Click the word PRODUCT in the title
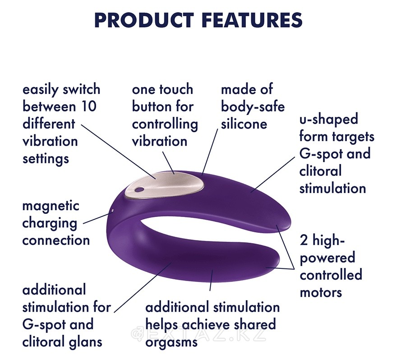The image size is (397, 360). [144, 20]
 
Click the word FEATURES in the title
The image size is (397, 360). [253, 20]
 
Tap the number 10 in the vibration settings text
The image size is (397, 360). [88, 106]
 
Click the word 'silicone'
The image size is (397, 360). [244, 124]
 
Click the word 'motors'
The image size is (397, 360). [321, 293]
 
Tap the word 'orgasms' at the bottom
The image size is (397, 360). [171, 343]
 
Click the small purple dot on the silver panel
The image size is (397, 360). [138, 189]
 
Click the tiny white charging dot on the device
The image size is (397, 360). [112, 210]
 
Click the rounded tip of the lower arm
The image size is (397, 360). [277, 259]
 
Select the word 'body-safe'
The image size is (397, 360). [253, 107]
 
